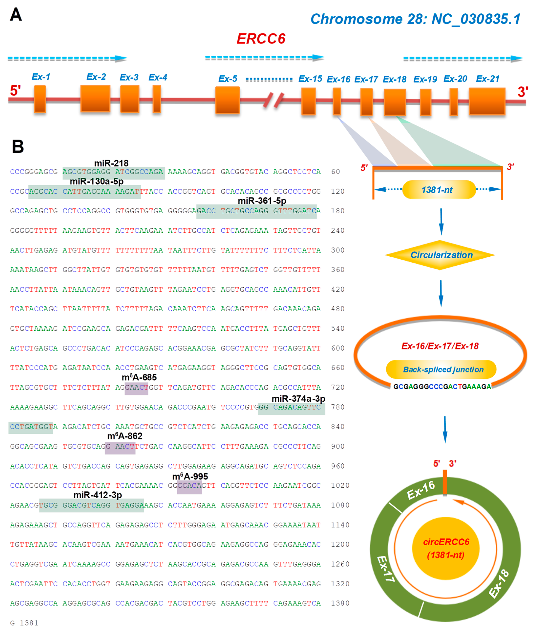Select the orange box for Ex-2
pyautogui.click(x=95, y=99)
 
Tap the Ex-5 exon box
pyautogui.click(x=227, y=100)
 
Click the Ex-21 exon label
pyautogui.click(x=488, y=79)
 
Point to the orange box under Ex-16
pyautogui.click(x=337, y=101)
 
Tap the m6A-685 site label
pyautogui.click(x=139, y=377)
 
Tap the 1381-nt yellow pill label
pyautogui.click(x=439, y=190)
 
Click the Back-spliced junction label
pyautogui.click(x=443, y=369)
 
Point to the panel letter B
pyautogui.click(x=18, y=146)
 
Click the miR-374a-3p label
pyautogui.click(x=298, y=399)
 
